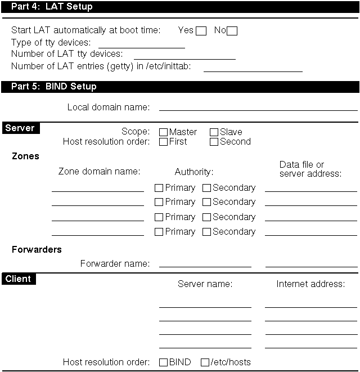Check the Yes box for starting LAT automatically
point(201,31)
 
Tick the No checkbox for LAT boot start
point(232,31)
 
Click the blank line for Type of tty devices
point(142,44)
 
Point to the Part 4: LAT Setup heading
point(52,7)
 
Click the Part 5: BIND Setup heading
point(54,87)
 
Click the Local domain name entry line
point(258,107)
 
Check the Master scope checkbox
point(164,132)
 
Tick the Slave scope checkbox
point(214,132)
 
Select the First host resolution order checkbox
point(164,142)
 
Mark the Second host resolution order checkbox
point(214,142)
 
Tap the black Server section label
point(20,128)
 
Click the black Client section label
point(18,279)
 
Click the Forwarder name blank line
point(205,263)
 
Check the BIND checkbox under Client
point(164,362)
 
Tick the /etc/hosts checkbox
point(205,362)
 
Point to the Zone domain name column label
point(99,171)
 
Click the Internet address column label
point(310,284)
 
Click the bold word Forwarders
point(37,249)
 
